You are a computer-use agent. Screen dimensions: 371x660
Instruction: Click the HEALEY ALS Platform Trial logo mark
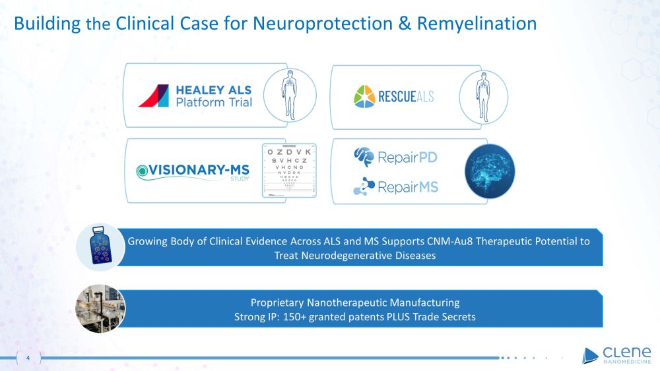tap(154, 96)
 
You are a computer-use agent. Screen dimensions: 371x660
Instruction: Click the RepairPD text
tap(408, 157)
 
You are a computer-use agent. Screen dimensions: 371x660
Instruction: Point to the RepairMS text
tap(407, 187)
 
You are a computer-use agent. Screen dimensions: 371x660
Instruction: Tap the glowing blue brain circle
tap(490, 171)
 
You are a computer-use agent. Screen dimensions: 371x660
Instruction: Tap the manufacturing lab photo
tap(100, 308)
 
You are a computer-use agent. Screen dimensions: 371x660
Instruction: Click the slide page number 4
tap(28, 358)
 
